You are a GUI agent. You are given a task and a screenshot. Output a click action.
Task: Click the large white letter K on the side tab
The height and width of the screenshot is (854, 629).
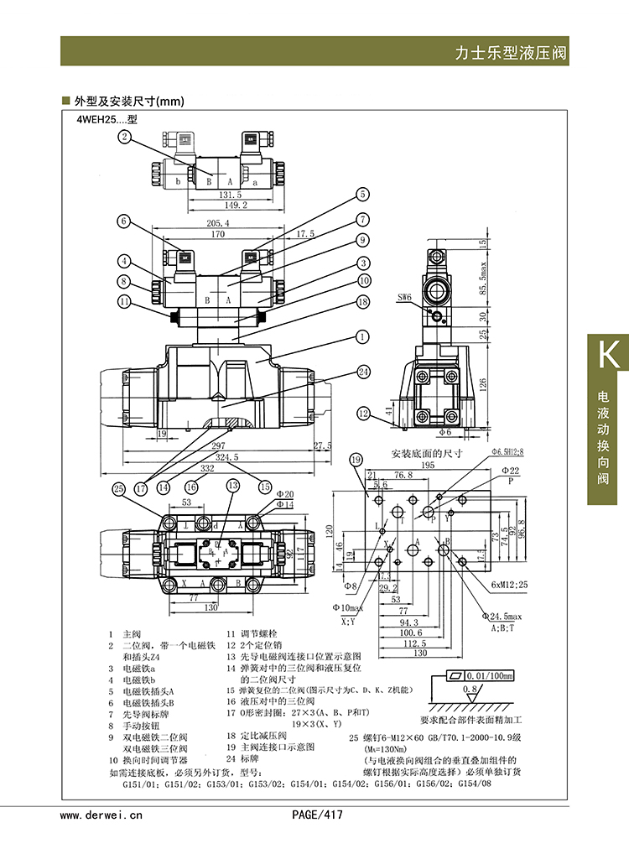608,354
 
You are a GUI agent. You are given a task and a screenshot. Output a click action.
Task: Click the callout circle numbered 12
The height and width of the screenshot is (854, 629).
362,413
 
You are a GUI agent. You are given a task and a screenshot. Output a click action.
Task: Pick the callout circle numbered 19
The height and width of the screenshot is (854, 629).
356,459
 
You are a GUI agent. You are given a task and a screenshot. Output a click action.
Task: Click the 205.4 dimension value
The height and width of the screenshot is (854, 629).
217,223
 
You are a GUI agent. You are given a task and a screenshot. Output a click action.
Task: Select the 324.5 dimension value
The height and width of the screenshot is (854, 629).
226,458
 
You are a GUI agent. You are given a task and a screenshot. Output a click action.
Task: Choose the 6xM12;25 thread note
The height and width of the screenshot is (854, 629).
510,585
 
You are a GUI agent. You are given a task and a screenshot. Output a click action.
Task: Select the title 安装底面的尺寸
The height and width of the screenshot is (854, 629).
426,454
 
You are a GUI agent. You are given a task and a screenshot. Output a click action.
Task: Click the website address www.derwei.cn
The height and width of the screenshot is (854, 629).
101,815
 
